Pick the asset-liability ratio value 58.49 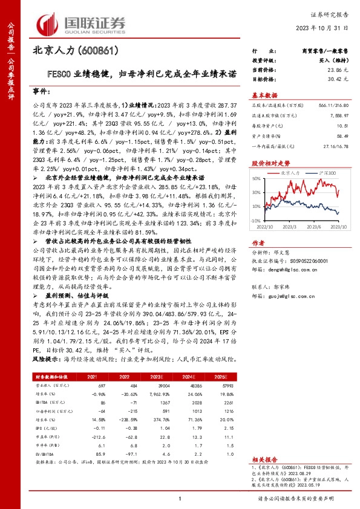pos(340,137)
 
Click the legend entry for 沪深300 pos(323,173)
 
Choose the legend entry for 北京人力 pos(294,173)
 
